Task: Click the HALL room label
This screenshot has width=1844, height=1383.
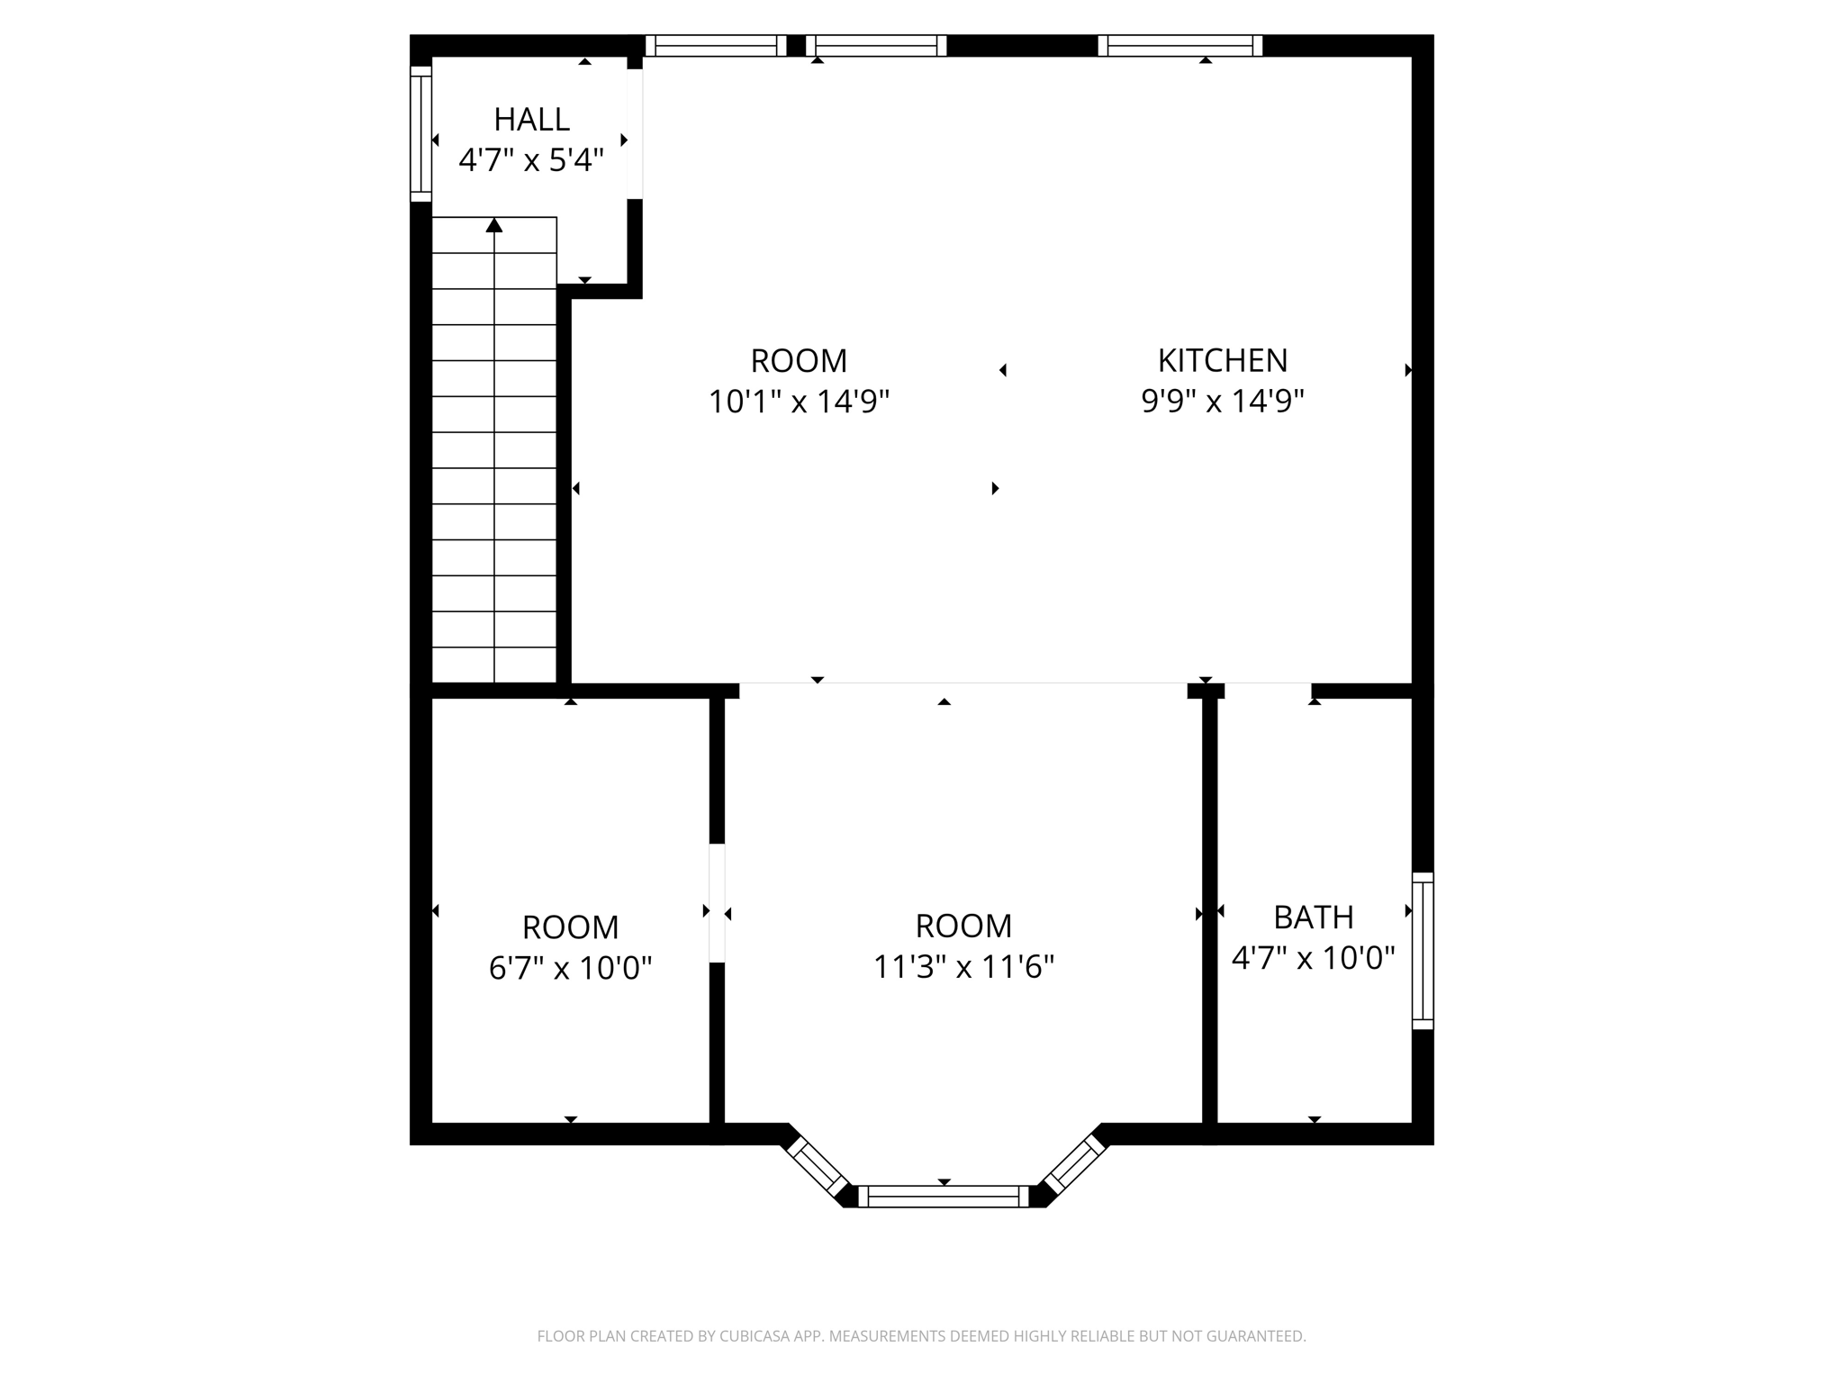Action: pos(531,119)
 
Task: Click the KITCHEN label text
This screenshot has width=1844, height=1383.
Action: pos(1222,360)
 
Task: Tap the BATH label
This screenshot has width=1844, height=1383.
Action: pos(1313,917)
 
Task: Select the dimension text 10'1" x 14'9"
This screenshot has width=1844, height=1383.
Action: pos(799,402)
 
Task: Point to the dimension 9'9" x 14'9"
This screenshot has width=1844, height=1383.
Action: pos(1222,402)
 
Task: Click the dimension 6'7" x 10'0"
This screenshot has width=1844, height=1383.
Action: pos(570,968)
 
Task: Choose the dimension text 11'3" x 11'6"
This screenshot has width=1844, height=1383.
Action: pos(963,967)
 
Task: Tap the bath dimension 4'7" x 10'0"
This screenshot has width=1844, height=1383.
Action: pos(1313,957)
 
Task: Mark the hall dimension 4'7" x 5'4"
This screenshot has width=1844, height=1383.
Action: pos(531,160)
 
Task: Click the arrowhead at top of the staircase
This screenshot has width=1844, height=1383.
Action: pos(494,225)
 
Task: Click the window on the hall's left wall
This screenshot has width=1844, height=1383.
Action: pos(420,133)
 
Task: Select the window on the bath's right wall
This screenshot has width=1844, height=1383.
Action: pos(1422,950)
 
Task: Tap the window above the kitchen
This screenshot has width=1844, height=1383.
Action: pos(1180,45)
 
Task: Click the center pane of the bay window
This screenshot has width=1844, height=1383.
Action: pos(943,1196)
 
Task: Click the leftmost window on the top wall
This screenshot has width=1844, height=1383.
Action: pos(716,45)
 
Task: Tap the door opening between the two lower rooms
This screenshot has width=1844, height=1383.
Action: pos(717,903)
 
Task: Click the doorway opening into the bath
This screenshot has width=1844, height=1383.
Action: pos(1268,691)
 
